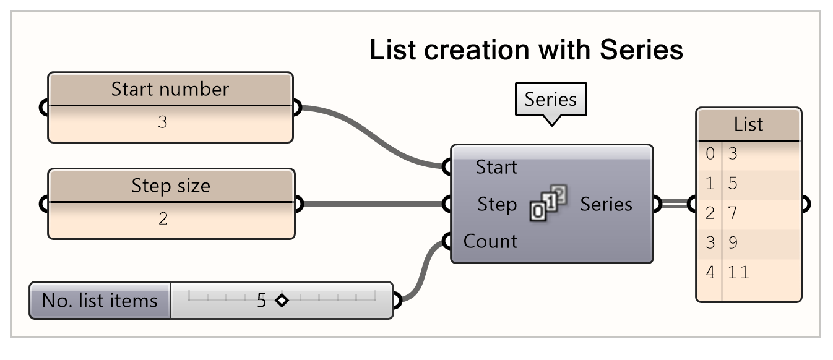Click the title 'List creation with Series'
pyautogui.click(x=526, y=49)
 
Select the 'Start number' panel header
pyautogui.click(x=170, y=89)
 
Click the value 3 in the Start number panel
pyautogui.click(x=163, y=122)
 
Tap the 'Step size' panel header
pyautogui.click(x=170, y=186)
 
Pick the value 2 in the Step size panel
pyautogui.click(x=163, y=219)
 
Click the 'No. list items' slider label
pyautogui.click(x=100, y=301)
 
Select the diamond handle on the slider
pyautogui.click(x=282, y=301)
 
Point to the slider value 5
pyautogui.click(x=261, y=301)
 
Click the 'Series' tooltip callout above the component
pyautogui.click(x=550, y=100)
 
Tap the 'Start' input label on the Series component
pyautogui.click(x=496, y=167)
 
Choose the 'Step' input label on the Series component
pyautogui.click(x=497, y=204)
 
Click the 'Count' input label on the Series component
pyautogui.click(x=490, y=241)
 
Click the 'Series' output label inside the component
pyautogui.click(x=606, y=204)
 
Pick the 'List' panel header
pyautogui.click(x=748, y=125)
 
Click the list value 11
pyautogui.click(x=738, y=272)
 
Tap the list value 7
pyautogui.click(x=733, y=213)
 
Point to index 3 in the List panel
pyautogui.click(x=710, y=243)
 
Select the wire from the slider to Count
pyautogui.click(x=423, y=272)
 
